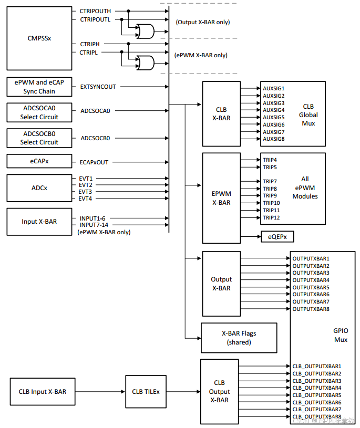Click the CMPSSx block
point(39,38)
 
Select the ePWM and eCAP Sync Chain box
point(39,87)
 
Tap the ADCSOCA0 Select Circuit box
point(39,112)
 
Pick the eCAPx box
point(39,162)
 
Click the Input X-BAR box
point(39,221)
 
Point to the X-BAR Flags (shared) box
point(239,338)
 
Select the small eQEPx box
point(277,237)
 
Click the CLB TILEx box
point(146,391)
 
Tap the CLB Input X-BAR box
point(43,391)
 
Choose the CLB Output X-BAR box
point(219,392)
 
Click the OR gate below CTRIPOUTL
point(145,32)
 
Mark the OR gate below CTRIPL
point(145,63)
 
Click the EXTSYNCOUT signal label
point(98,87)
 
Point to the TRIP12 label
point(271,217)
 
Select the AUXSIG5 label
point(274,117)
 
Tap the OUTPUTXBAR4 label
point(311,280)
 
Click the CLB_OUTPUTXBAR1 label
point(317,366)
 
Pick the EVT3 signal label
point(86,192)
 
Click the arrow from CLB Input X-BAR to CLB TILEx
point(99,391)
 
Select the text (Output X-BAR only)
point(202,22)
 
